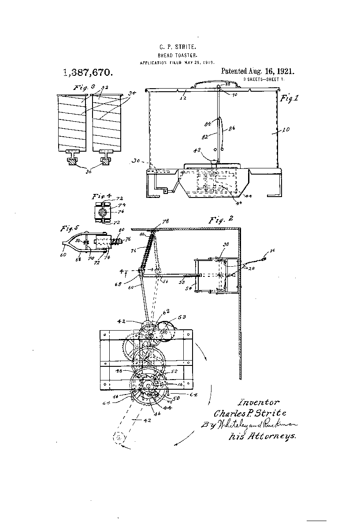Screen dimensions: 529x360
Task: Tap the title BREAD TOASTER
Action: tap(174, 55)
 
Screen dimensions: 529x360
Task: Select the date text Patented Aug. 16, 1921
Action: tap(257, 71)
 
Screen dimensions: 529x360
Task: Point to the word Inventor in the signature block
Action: tap(258, 402)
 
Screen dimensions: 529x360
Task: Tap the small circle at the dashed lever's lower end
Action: tap(119, 439)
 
